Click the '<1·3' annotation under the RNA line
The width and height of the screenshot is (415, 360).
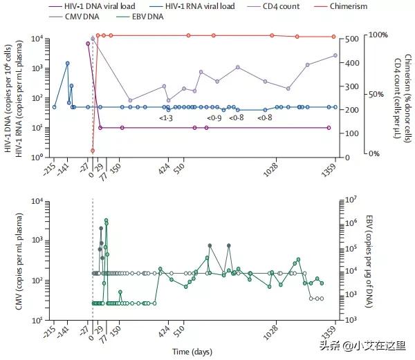pyautogui.click(x=165, y=118)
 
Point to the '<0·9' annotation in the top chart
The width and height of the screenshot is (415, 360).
pyautogui.click(x=214, y=118)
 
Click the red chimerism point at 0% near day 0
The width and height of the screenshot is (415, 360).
pyautogui.click(x=93, y=151)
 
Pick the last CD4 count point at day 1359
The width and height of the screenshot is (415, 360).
pyautogui.click(x=335, y=55)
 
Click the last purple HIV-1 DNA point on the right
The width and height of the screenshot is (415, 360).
pyautogui.click(x=329, y=128)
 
